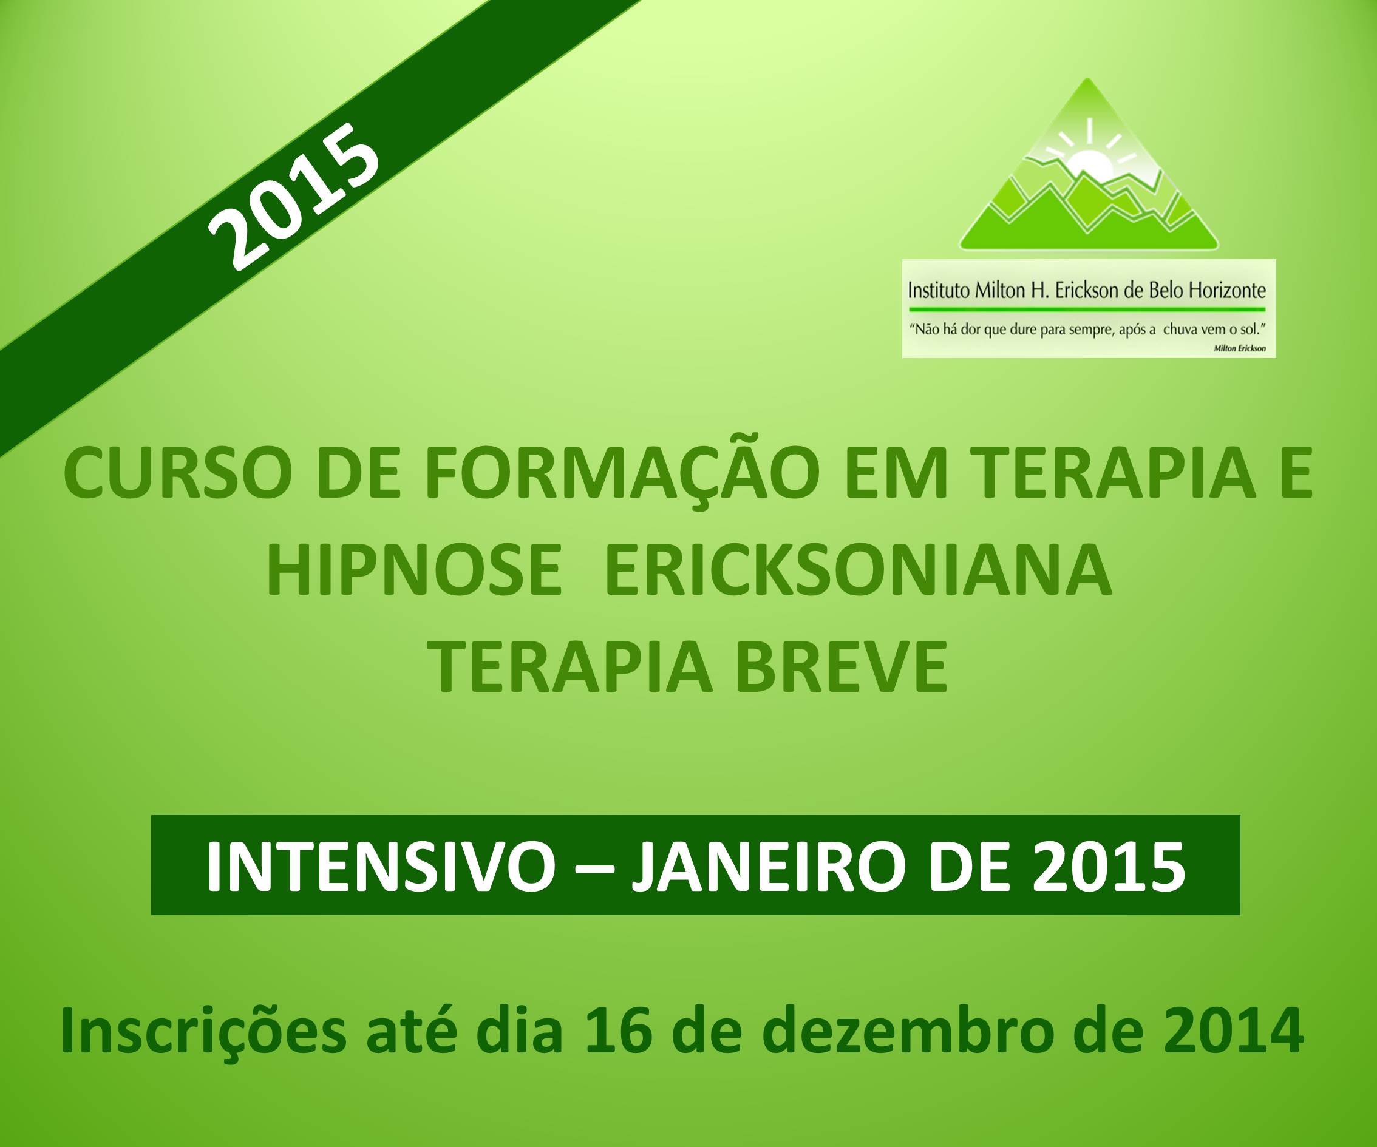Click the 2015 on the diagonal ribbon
point(294,197)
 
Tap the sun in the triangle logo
point(1089,164)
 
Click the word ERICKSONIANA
point(858,571)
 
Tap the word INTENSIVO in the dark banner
point(380,865)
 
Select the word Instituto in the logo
point(938,289)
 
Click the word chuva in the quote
point(1180,329)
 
